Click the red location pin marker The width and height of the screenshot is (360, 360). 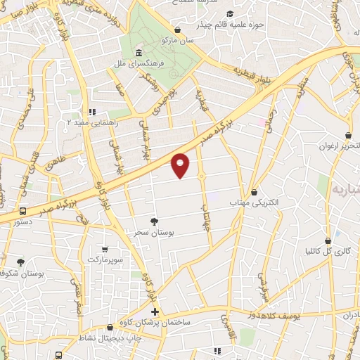pyautogui.click(x=181, y=165)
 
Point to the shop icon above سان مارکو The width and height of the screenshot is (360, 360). pyautogui.click(x=176, y=30)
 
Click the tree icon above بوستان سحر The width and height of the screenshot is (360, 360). pyautogui.click(x=154, y=221)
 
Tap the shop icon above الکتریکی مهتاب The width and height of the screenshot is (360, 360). pyautogui.click(x=254, y=192)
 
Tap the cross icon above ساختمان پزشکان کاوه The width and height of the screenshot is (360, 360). pyautogui.click(x=155, y=311)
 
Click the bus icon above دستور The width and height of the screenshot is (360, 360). pyautogui.click(x=23, y=210)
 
